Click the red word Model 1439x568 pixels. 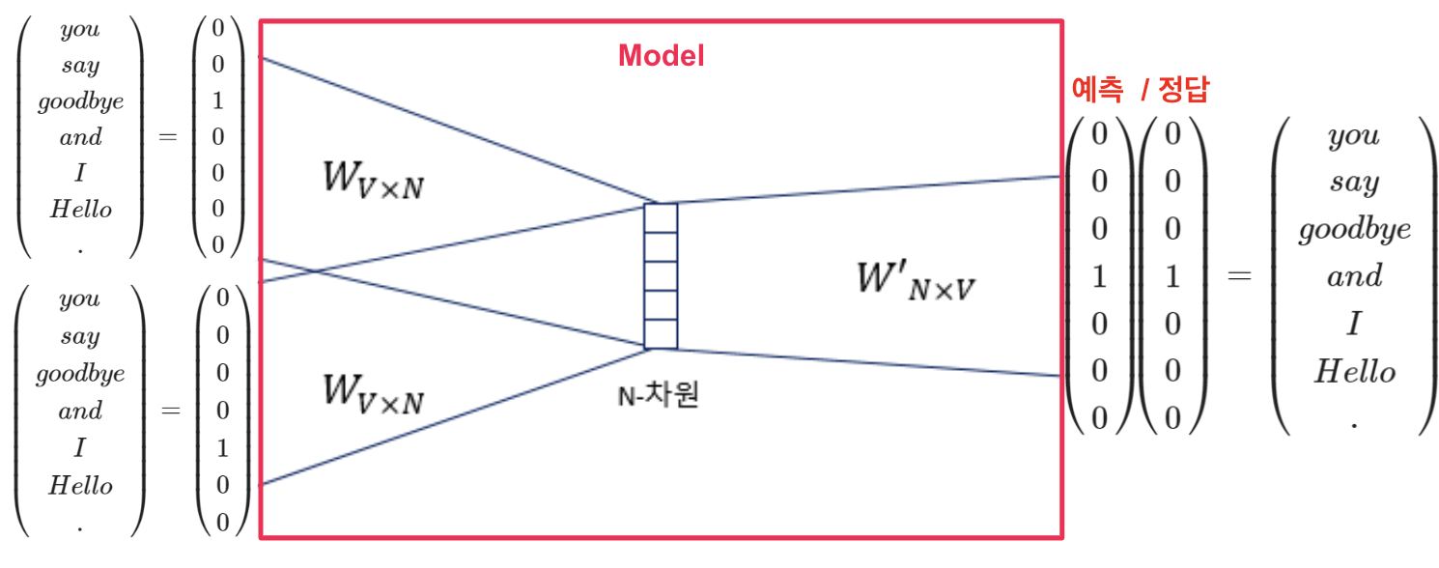pos(662,56)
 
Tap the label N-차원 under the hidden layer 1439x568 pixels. pos(658,396)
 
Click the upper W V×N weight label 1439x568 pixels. pos(374,182)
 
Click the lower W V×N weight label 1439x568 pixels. pos(374,393)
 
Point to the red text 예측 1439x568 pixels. pos(1098,91)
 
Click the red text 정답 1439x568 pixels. pos(1183,91)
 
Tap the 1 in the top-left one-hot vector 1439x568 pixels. pos(217,101)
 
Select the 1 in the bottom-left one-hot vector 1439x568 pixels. pos(223,448)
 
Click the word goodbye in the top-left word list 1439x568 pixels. pos(81,101)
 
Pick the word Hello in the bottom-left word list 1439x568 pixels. pos(81,485)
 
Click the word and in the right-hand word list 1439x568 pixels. pos(1354,277)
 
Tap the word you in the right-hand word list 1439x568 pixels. pos(1354,135)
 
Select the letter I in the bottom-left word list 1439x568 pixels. pos(80,448)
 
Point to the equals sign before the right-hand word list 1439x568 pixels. pos(1239,276)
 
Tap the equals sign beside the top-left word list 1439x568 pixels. pos(168,137)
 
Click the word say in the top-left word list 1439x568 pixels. pos(80,66)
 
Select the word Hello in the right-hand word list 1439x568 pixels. pos(1354,372)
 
